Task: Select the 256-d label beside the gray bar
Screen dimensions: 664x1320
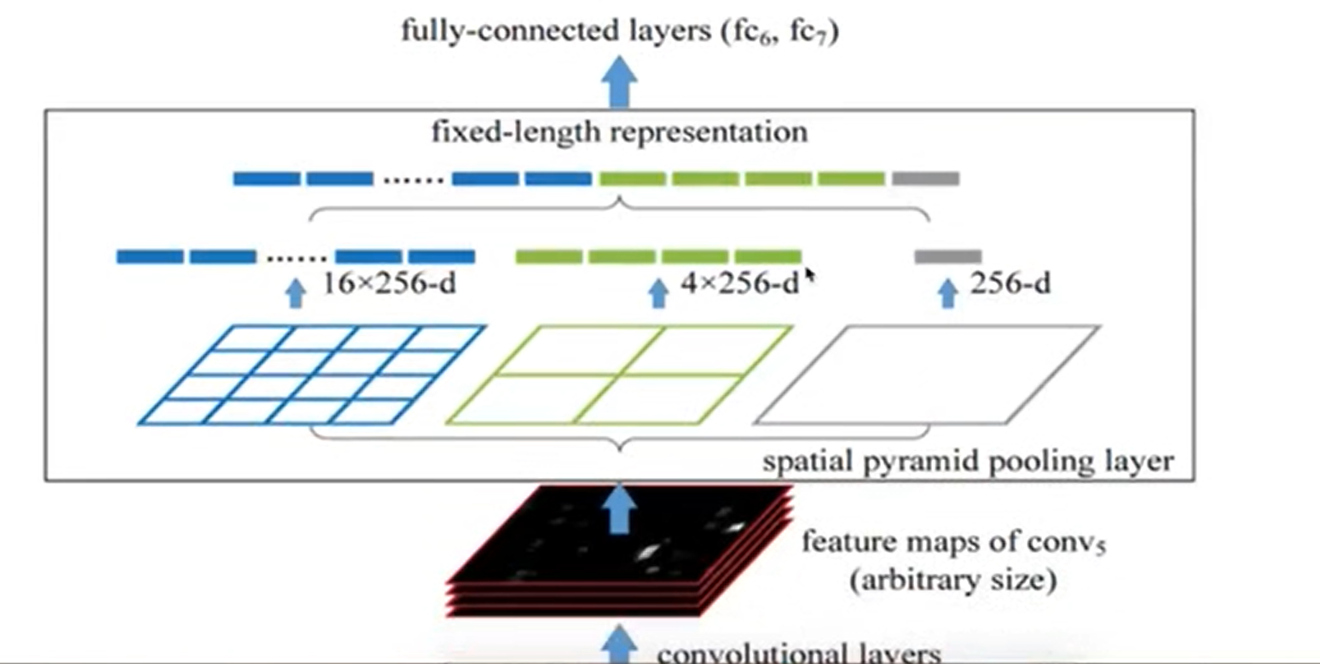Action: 1010,284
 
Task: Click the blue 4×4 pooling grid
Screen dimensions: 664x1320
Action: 312,374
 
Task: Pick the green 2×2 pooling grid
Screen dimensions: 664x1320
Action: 620,374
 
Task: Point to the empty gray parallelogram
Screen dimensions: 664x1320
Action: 928,374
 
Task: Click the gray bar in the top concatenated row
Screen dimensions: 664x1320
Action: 925,179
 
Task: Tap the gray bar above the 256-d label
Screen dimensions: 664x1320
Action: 947,256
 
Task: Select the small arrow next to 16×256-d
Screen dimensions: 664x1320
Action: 295,292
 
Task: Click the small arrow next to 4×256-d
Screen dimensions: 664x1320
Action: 657,292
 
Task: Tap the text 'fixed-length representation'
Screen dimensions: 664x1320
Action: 619,134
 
